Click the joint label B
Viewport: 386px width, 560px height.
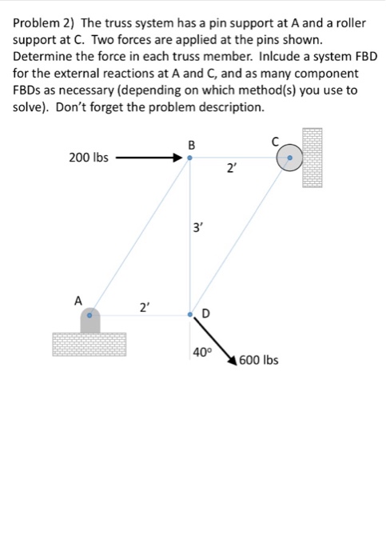(191, 145)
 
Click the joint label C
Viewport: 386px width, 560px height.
(275, 142)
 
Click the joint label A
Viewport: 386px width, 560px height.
(78, 301)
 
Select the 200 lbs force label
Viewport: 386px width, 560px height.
(89, 158)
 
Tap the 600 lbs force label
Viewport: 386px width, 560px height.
(259, 360)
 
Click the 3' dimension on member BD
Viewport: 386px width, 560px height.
(201, 229)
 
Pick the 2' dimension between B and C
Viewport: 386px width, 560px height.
(230, 168)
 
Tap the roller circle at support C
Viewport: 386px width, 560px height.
(289, 158)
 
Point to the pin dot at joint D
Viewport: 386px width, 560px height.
(190, 315)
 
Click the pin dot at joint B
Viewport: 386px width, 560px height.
(190, 158)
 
